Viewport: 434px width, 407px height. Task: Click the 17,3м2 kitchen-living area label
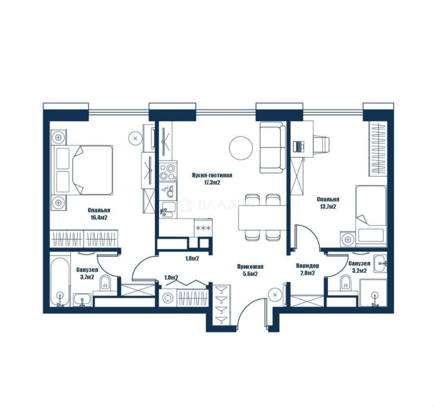point(212,183)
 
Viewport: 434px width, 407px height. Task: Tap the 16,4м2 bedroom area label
point(99,217)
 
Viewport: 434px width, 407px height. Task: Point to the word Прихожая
point(250,267)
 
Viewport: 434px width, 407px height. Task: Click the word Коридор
point(307,266)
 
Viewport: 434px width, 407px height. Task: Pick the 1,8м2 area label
point(192,259)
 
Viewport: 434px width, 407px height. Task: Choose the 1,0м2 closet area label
point(171,277)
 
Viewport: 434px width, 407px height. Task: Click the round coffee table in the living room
point(241,148)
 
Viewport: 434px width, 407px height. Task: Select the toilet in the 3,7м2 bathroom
point(105,283)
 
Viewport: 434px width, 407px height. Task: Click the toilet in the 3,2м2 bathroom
point(345,283)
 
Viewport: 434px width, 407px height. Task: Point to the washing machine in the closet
point(168,298)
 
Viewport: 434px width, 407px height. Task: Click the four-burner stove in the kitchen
point(168,172)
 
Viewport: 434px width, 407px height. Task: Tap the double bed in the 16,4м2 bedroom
point(82,170)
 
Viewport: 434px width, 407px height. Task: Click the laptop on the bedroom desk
point(299,146)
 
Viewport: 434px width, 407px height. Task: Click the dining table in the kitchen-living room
point(262,217)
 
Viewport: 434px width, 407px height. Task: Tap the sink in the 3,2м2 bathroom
point(380,263)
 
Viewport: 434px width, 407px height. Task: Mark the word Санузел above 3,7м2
point(87,270)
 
